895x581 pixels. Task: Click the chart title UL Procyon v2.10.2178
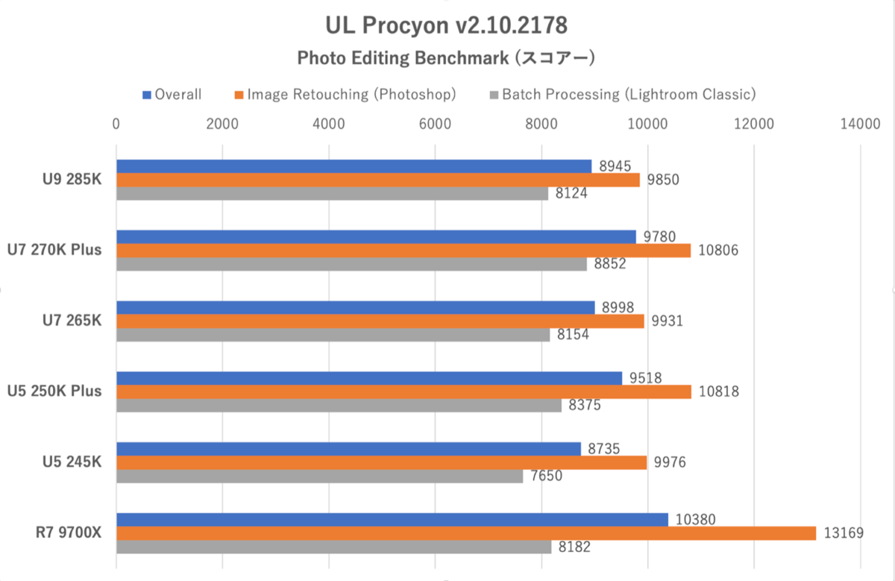(447, 26)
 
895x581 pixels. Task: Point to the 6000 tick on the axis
(435, 125)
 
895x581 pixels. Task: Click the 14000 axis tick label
(860, 125)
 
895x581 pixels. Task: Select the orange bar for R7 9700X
(466, 533)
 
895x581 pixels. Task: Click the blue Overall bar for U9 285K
(354, 166)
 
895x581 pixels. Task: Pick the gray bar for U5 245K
(319, 476)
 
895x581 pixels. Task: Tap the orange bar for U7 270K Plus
(403, 251)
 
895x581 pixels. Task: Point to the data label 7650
(547, 476)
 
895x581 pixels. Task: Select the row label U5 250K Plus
(54, 392)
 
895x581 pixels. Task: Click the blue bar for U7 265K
(355, 307)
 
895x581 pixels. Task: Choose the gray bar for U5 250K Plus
(339, 405)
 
